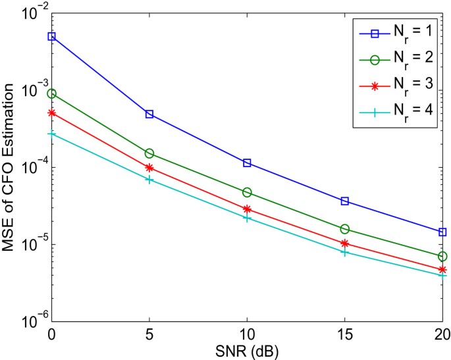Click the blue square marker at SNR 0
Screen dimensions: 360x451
51,36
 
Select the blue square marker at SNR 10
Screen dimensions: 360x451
247,163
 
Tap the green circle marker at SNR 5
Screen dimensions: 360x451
149,153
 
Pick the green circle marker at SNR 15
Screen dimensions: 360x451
344,229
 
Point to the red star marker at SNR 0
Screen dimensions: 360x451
51,113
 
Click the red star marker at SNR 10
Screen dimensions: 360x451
247,209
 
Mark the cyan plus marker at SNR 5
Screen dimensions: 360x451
149,179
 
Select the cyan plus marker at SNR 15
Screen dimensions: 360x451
344,252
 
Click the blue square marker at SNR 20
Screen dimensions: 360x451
442,232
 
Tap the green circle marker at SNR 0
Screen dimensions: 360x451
51,93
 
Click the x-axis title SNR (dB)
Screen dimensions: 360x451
247,350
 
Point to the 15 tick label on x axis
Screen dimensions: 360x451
344,334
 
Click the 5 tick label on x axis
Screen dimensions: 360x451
149,334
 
